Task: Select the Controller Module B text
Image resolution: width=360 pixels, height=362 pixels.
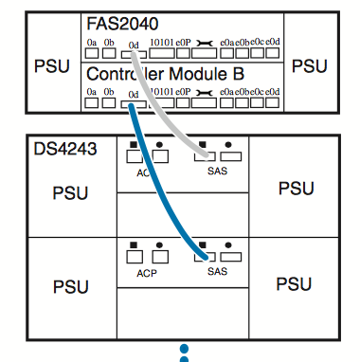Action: tap(168, 74)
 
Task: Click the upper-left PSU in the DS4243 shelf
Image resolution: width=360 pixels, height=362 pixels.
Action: tap(69, 192)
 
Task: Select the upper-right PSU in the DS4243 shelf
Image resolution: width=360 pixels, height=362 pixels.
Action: tap(296, 188)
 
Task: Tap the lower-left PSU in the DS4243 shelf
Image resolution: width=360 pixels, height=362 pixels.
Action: tap(69, 285)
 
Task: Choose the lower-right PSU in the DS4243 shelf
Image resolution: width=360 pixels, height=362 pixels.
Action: tap(296, 283)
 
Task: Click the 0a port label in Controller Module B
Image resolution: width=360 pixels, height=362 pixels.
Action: tap(92, 93)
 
